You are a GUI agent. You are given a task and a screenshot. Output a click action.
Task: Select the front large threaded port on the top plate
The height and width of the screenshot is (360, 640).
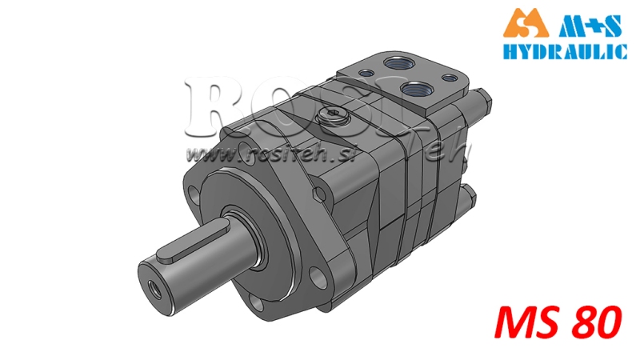[416, 88]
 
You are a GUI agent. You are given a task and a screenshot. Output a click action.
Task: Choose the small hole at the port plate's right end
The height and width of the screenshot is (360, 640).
[449, 79]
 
